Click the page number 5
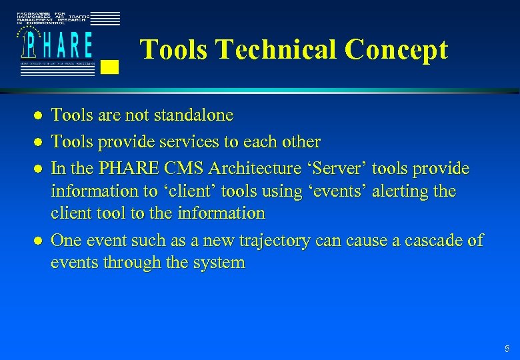507,349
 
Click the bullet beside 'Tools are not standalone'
39,116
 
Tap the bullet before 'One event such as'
39,241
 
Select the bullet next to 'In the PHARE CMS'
39,169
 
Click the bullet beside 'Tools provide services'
39,142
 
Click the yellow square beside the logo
111,66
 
